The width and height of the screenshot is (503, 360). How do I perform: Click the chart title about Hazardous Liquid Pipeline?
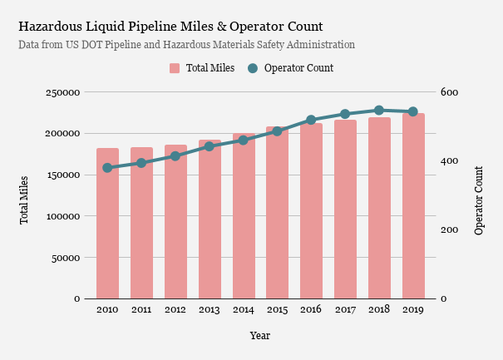click(170, 27)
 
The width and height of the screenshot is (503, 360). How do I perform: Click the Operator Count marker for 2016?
click(312, 121)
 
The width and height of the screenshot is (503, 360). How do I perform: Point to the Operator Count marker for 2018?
click(379, 110)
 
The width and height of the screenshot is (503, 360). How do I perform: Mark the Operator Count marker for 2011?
click(141, 163)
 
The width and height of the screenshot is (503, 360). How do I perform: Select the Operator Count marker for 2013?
click(210, 146)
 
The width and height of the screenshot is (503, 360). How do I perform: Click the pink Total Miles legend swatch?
click(175, 68)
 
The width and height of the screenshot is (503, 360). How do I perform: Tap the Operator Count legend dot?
click(253, 68)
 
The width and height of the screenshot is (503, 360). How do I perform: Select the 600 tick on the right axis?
click(449, 92)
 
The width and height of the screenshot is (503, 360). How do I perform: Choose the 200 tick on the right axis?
click(449, 229)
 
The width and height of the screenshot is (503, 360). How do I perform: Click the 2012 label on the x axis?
click(175, 310)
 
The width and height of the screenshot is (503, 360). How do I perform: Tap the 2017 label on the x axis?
click(345, 310)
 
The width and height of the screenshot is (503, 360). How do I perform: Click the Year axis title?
click(259, 336)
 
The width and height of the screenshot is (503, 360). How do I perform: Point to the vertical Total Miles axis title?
click(24, 200)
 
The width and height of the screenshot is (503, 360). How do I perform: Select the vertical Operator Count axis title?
click(479, 200)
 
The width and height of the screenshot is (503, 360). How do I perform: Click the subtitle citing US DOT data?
click(186, 44)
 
